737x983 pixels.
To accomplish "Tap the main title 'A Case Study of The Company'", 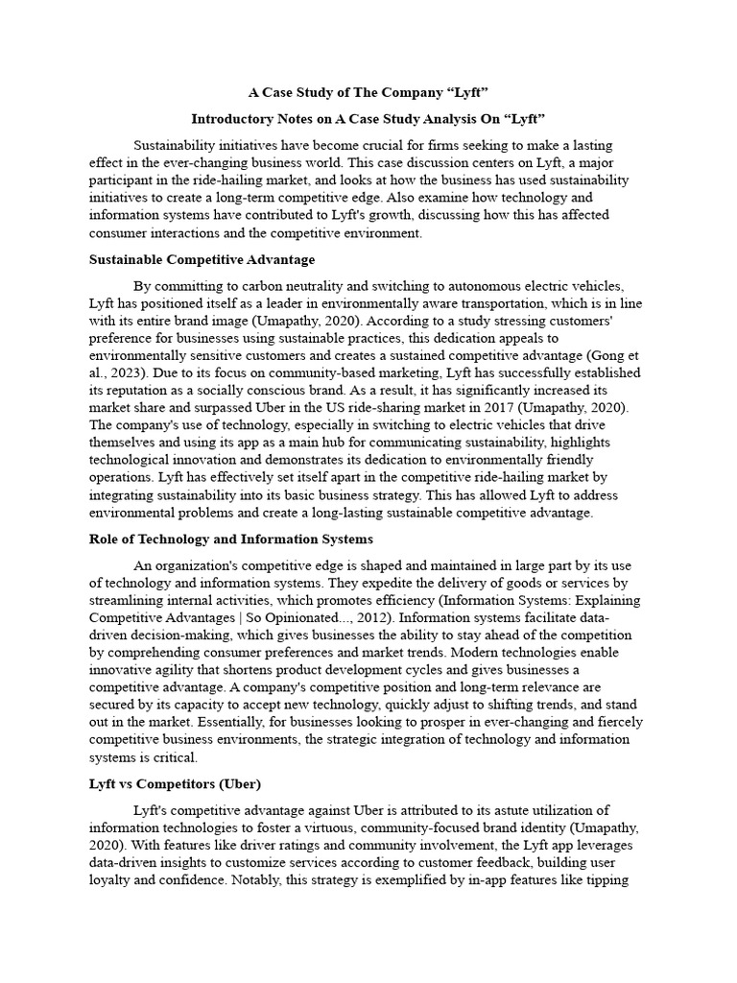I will [368, 93].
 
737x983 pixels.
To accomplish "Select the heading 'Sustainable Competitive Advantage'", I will [202, 259].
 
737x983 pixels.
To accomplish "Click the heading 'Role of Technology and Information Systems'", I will [230, 539].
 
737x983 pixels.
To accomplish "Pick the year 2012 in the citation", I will [319, 618].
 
